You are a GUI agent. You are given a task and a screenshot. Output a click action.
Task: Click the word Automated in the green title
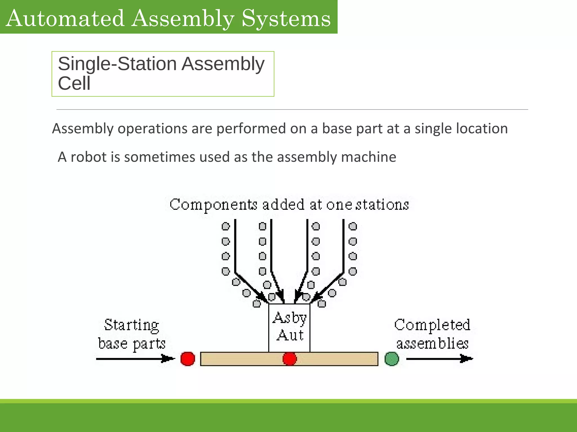click(65, 18)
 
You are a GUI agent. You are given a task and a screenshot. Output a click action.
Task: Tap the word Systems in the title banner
click(286, 18)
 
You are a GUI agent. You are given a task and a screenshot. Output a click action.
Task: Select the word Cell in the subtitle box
click(74, 84)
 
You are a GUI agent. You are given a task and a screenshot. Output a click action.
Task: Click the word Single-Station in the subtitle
click(117, 64)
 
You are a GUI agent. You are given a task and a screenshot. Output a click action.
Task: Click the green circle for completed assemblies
click(392, 359)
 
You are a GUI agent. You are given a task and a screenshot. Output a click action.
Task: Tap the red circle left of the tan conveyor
click(188, 359)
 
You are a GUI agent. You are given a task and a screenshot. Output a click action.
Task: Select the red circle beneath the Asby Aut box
click(289, 359)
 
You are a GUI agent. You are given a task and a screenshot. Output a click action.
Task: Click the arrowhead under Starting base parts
click(169, 359)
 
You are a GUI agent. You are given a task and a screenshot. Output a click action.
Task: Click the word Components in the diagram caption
click(213, 204)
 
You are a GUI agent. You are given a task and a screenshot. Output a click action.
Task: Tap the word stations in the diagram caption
click(382, 204)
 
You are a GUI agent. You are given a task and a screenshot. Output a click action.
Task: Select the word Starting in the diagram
click(132, 325)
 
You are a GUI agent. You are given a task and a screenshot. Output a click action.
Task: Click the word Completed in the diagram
click(432, 325)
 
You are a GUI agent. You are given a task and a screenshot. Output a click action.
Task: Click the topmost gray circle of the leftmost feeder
click(226, 226)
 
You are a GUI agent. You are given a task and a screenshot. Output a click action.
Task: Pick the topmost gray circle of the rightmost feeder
click(353, 226)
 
